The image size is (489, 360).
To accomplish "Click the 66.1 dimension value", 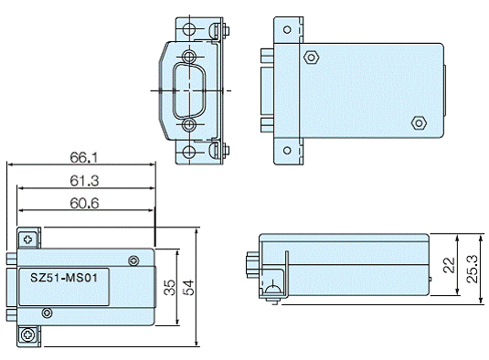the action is coord(83,158).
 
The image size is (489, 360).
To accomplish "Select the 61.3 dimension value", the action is coord(84,181).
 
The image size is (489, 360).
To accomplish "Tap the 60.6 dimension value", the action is coord(84,203).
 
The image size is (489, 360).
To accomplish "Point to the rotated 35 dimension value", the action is coord(170,288).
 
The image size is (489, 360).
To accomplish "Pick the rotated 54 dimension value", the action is coord(188,288).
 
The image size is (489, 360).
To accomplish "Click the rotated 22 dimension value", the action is coord(449,265).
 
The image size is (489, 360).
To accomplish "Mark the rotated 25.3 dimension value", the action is coord(472,269).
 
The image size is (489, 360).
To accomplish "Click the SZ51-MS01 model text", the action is coord(64,278).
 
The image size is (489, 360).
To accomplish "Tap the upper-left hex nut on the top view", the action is coord(311,58).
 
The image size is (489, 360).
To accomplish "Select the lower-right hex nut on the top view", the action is coord(419,123).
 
